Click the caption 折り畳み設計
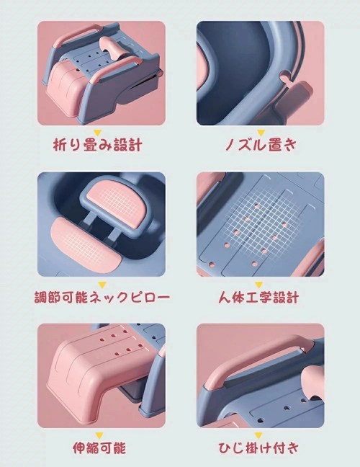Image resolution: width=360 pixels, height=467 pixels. click(x=98, y=145)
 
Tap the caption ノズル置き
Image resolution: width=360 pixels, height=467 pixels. click(x=261, y=145)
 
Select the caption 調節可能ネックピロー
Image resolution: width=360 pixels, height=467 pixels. click(x=102, y=297)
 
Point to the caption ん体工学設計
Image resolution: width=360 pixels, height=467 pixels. click(x=258, y=297)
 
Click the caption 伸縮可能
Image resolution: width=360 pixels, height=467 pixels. click(x=99, y=448)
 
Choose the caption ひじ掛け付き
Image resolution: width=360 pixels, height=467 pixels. click(x=258, y=448)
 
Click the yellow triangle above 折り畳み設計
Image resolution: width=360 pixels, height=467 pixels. click(x=98, y=133)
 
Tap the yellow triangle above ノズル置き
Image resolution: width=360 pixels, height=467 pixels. click(x=261, y=133)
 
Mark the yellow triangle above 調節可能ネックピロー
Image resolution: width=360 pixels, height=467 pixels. click(x=102, y=285)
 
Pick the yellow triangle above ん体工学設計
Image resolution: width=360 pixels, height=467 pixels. click(x=258, y=285)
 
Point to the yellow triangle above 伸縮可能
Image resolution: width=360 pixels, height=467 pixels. click(x=99, y=436)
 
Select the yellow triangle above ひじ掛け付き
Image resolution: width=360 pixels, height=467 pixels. click(x=258, y=436)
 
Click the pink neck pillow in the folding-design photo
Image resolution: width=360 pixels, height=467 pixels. click(x=112, y=48)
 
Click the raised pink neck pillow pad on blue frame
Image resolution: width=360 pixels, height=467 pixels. click(x=117, y=204)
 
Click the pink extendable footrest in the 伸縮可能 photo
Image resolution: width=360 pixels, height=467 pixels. click(x=98, y=373)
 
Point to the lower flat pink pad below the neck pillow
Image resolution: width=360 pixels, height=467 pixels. click(x=85, y=244)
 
